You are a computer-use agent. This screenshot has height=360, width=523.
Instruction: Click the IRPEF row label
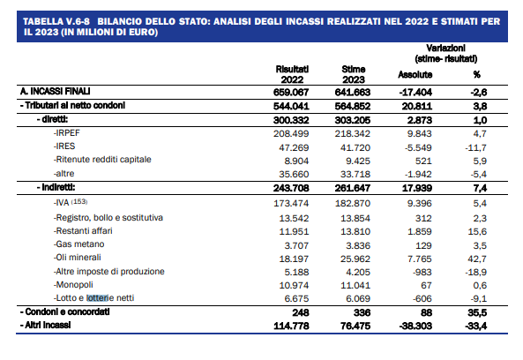coord(67,133)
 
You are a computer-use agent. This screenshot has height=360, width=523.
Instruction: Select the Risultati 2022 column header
coord(292,74)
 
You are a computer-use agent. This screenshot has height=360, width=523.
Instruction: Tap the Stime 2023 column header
coord(354,74)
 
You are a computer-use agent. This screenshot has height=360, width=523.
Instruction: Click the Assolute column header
coord(415,74)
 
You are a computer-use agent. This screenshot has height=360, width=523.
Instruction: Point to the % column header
coord(477,74)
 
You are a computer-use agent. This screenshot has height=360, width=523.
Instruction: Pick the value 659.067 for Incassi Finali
coord(291,92)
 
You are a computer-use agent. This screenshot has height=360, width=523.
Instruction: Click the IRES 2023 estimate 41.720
coord(355,147)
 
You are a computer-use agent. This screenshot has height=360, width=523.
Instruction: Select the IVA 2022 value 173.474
coord(291,203)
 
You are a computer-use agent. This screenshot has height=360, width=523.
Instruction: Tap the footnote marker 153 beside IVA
coord(79,201)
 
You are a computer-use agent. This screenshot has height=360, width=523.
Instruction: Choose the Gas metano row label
coord(78,244)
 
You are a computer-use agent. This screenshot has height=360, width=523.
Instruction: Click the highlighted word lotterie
coord(98,298)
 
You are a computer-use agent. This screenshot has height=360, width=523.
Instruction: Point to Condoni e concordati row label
coord(64,312)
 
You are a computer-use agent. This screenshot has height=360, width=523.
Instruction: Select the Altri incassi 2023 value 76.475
coord(355,326)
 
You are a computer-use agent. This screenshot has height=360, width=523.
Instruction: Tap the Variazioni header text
coord(445,48)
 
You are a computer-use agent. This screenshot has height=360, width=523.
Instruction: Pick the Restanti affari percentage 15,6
coord(477,231)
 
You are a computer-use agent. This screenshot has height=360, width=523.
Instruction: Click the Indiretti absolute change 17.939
coord(417,188)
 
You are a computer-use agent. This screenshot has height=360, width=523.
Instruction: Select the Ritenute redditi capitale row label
coord(102,160)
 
